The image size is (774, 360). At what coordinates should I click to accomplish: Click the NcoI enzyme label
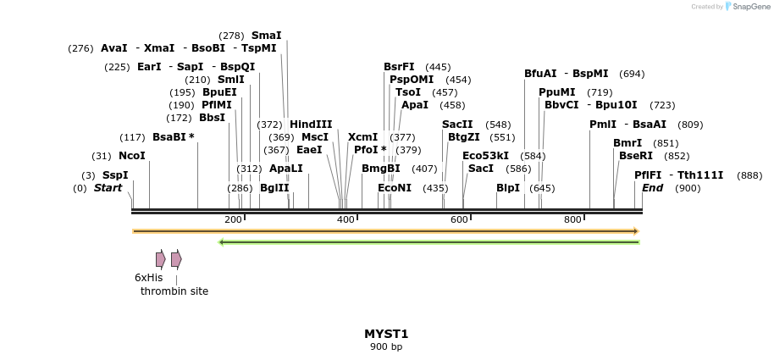click(x=132, y=156)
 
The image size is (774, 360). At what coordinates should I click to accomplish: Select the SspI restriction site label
click(x=115, y=175)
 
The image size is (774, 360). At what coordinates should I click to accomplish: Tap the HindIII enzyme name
click(x=311, y=124)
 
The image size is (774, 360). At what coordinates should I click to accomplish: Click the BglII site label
click(x=274, y=188)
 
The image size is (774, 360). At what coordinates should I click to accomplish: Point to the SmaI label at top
click(x=266, y=36)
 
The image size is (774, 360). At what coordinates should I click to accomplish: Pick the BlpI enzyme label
click(x=508, y=188)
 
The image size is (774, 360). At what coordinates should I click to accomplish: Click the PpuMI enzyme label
click(x=557, y=92)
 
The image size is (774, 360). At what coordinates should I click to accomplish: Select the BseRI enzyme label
click(x=636, y=156)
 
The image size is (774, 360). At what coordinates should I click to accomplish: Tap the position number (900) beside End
click(x=688, y=188)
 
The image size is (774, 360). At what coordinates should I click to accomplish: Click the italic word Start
click(x=108, y=188)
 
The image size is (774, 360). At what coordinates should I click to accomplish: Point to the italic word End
click(x=652, y=188)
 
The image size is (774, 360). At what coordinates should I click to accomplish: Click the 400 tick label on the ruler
click(x=346, y=220)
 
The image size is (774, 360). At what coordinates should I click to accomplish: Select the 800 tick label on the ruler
click(x=572, y=220)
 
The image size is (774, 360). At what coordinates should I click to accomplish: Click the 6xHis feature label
click(x=148, y=278)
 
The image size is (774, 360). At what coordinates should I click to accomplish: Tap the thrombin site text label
click(x=174, y=291)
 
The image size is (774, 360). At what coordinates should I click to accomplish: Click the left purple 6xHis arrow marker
click(x=160, y=259)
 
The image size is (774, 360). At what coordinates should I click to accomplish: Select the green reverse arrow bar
click(x=428, y=242)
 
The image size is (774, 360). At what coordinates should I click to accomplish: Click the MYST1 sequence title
click(x=386, y=334)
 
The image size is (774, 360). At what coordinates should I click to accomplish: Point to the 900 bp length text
click(x=386, y=346)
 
